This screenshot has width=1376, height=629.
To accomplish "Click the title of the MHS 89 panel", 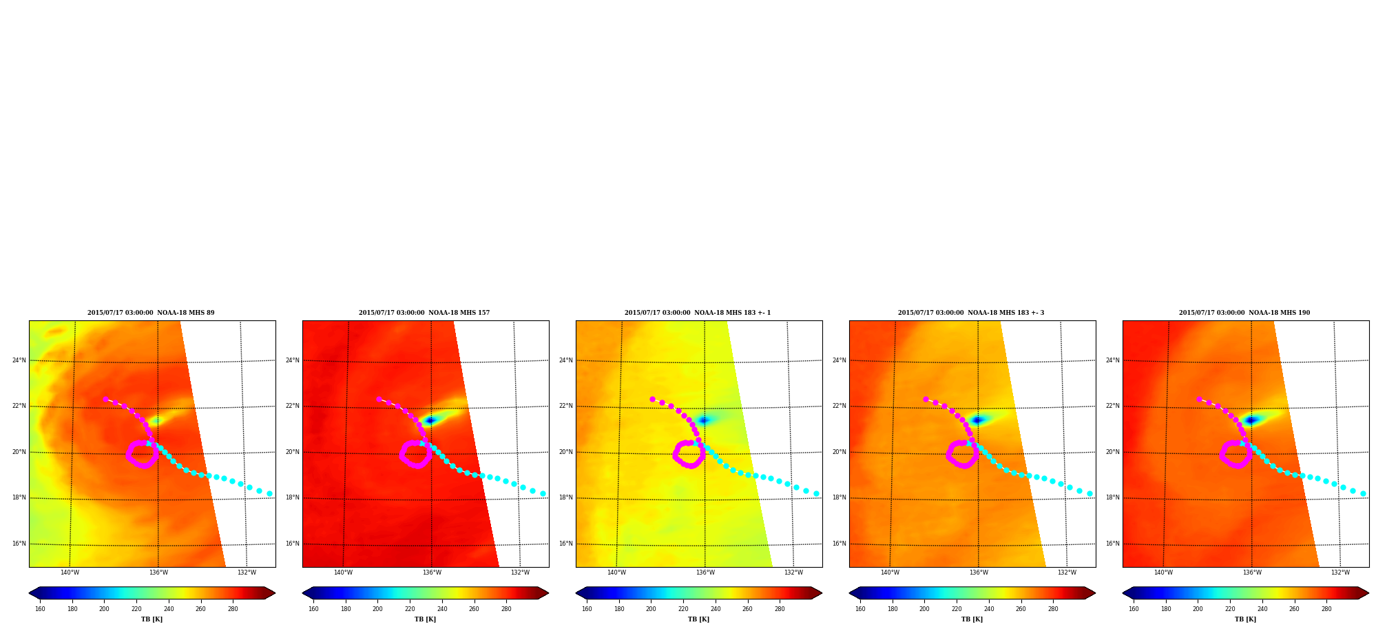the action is click(x=151, y=313).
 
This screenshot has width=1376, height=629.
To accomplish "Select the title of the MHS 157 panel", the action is click(x=424, y=313).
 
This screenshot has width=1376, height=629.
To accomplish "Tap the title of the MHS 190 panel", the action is click(x=1244, y=313).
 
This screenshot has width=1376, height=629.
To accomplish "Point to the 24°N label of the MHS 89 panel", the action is click(x=19, y=360).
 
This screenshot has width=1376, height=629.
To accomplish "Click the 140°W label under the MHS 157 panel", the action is click(x=343, y=573).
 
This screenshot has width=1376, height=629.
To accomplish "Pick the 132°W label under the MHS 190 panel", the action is click(x=1340, y=573).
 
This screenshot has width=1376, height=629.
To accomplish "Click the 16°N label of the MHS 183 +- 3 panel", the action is click(x=840, y=544).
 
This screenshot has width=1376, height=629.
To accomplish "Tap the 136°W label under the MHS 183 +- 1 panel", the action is click(x=705, y=573).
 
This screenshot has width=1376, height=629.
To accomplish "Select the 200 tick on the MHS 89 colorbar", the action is click(x=104, y=609).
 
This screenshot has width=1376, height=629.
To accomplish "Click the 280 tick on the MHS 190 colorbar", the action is click(x=1326, y=609).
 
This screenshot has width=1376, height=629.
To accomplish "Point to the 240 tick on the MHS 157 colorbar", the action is click(x=442, y=609).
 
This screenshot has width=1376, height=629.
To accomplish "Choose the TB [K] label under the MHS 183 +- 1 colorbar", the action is click(x=699, y=619).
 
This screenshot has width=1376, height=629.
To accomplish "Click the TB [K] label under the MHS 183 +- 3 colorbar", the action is click(x=972, y=619).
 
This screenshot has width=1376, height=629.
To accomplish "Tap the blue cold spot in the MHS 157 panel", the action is click(x=430, y=420).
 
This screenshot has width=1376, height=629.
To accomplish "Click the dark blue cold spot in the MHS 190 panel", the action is click(x=1251, y=420).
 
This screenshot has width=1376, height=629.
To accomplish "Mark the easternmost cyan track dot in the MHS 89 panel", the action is click(x=270, y=493).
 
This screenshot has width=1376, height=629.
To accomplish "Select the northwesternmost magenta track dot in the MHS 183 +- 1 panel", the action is click(x=652, y=399).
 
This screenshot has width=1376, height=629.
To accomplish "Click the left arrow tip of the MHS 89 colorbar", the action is click(x=29, y=593).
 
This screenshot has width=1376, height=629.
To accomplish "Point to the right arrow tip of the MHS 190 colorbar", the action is click(x=1368, y=593).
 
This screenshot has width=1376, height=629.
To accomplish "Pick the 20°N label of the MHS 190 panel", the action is click(x=1113, y=452).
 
